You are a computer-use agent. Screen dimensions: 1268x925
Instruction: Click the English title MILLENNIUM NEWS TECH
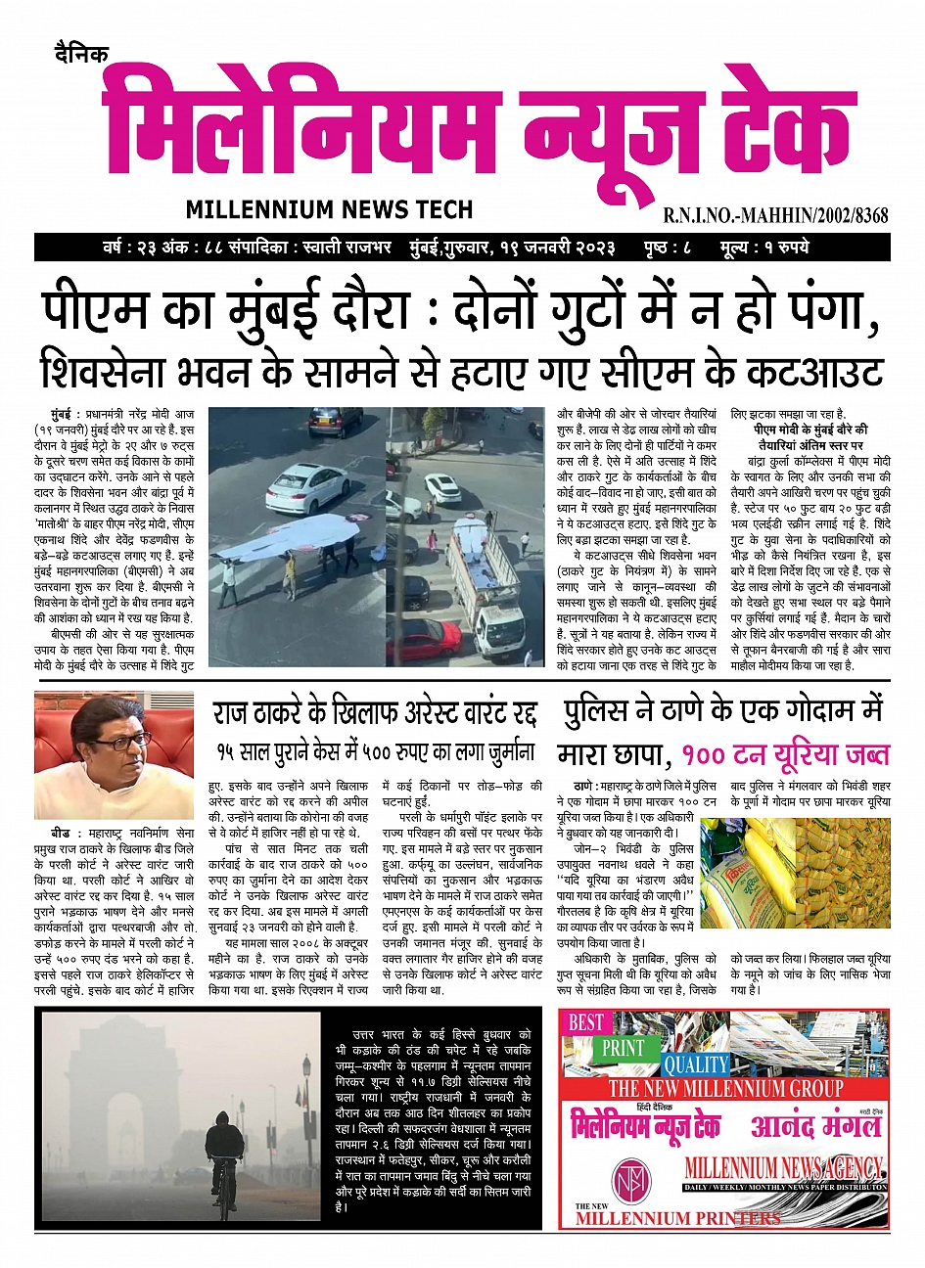coord(329,208)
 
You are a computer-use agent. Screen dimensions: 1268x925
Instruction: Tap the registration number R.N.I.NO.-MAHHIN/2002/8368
coord(775,215)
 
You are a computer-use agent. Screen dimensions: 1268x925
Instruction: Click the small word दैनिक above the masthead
coord(82,54)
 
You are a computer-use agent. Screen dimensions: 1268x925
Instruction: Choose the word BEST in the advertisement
coord(585,1022)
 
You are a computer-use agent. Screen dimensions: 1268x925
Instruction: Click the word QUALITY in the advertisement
coord(696,1064)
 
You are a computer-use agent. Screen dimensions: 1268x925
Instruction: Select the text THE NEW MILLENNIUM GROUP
coord(724,1089)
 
